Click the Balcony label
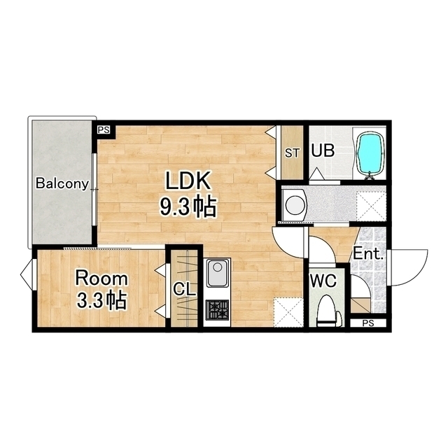click(62, 183)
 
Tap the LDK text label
click(188, 181)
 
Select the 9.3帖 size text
click(187, 206)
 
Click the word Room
click(101, 279)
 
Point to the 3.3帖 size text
click(101, 300)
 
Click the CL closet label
click(185, 289)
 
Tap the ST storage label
click(292, 153)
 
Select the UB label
click(323, 150)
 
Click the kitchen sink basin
click(218, 272)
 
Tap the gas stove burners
click(218, 310)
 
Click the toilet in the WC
click(328, 311)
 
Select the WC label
click(323, 281)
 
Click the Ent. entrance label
click(368, 253)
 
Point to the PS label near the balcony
click(104, 130)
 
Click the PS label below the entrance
click(368, 323)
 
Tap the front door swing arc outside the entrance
click(418, 273)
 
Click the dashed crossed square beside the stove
click(288, 312)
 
